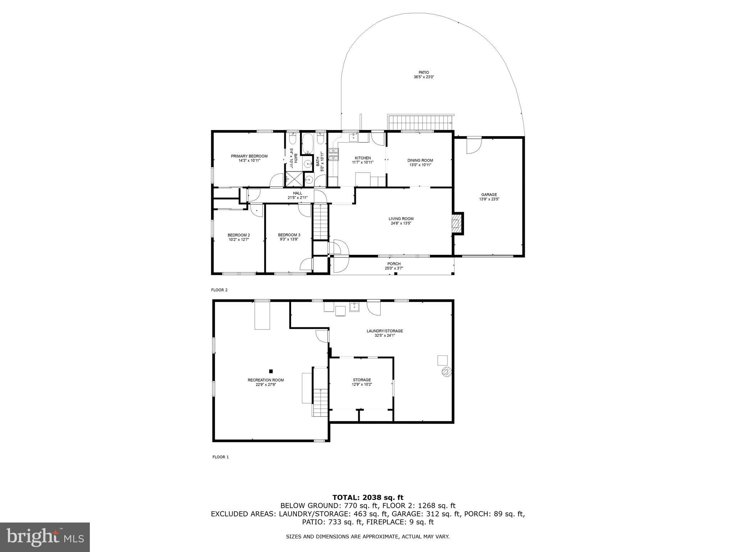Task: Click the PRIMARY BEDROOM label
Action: [249, 156]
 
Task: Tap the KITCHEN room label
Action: [363, 158]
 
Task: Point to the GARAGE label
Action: [489, 194]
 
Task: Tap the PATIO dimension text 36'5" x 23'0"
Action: [424, 77]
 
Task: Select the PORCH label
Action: [394, 264]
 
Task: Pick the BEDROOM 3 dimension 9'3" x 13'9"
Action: [289, 239]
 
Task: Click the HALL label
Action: [298, 193]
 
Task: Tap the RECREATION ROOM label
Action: [266, 380]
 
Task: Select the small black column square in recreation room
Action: [271, 371]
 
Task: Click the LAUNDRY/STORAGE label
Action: [385, 331]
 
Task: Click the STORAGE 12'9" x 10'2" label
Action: [362, 382]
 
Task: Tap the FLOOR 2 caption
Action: [219, 290]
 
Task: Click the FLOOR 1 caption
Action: [220, 457]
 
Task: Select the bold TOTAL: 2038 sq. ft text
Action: [368, 497]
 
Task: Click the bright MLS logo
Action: [45, 537]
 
